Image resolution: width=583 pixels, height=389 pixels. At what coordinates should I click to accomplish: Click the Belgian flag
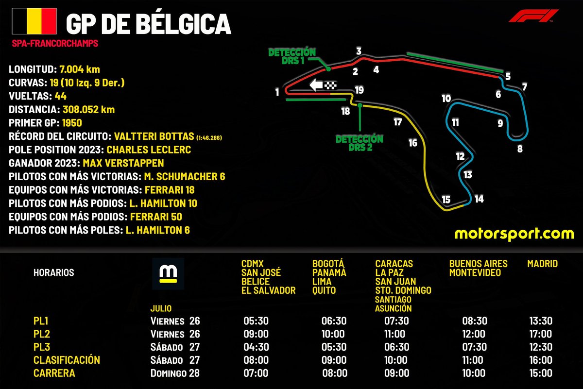(x=34, y=21)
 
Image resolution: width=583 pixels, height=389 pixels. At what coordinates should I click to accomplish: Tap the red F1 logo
(x=533, y=16)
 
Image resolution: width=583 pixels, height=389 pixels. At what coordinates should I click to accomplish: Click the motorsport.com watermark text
(x=514, y=234)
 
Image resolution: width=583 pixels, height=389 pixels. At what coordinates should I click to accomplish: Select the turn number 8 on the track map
(x=520, y=149)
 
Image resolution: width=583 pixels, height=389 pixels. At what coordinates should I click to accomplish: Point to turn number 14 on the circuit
(x=479, y=199)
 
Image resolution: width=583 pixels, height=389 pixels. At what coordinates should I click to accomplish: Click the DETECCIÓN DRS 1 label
(x=292, y=56)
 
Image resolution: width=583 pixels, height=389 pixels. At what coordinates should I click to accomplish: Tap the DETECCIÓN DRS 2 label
(x=360, y=143)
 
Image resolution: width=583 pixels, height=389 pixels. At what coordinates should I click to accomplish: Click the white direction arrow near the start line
(x=316, y=85)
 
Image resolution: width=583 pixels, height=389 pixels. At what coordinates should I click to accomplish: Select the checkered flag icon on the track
(x=330, y=85)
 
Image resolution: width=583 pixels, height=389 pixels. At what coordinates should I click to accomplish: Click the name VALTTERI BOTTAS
(x=154, y=136)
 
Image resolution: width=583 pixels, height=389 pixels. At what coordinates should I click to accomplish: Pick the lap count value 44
(x=61, y=96)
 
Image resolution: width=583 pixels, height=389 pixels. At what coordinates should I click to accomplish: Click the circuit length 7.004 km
(x=80, y=69)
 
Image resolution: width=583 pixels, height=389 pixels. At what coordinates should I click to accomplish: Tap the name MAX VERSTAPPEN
(x=123, y=163)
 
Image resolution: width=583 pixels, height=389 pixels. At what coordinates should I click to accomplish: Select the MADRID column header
(x=542, y=264)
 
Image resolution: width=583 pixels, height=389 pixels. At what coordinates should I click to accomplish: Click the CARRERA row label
(x=54, y=373)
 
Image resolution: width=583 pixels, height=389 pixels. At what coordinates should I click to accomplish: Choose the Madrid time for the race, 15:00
(x=541, y=373)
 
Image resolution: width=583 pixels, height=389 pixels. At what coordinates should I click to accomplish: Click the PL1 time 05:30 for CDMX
(x=256, y=321)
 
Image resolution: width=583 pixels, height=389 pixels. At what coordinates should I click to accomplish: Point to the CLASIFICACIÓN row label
(x=67, y=360)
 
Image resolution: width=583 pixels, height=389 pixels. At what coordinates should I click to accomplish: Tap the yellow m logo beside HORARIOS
(x=168, y=274)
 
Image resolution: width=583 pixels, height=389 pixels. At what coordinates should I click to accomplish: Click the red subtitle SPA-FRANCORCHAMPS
(x=55, y=43)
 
